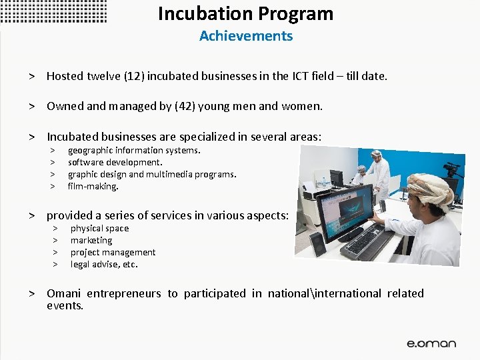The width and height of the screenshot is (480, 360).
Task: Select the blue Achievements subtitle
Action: click(x=245, y=36)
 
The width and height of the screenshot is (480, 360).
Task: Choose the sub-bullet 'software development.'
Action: click(x=115, y=162)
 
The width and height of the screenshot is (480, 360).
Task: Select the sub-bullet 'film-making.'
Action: click(x=93, y=186)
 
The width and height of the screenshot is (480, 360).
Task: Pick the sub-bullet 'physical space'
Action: click(x=99, y=228)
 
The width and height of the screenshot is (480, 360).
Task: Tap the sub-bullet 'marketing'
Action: click(x=91, y=240)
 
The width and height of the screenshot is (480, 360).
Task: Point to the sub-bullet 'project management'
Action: click(x=113, y=252)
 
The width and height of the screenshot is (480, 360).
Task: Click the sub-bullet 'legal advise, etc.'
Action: click(x=104, y=264)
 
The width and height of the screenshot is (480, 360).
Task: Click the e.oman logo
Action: click(x=431, y=343)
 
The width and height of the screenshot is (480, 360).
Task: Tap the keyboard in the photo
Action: click(x=366, y=244)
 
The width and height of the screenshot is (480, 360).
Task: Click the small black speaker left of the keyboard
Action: click(x=318, y=243)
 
